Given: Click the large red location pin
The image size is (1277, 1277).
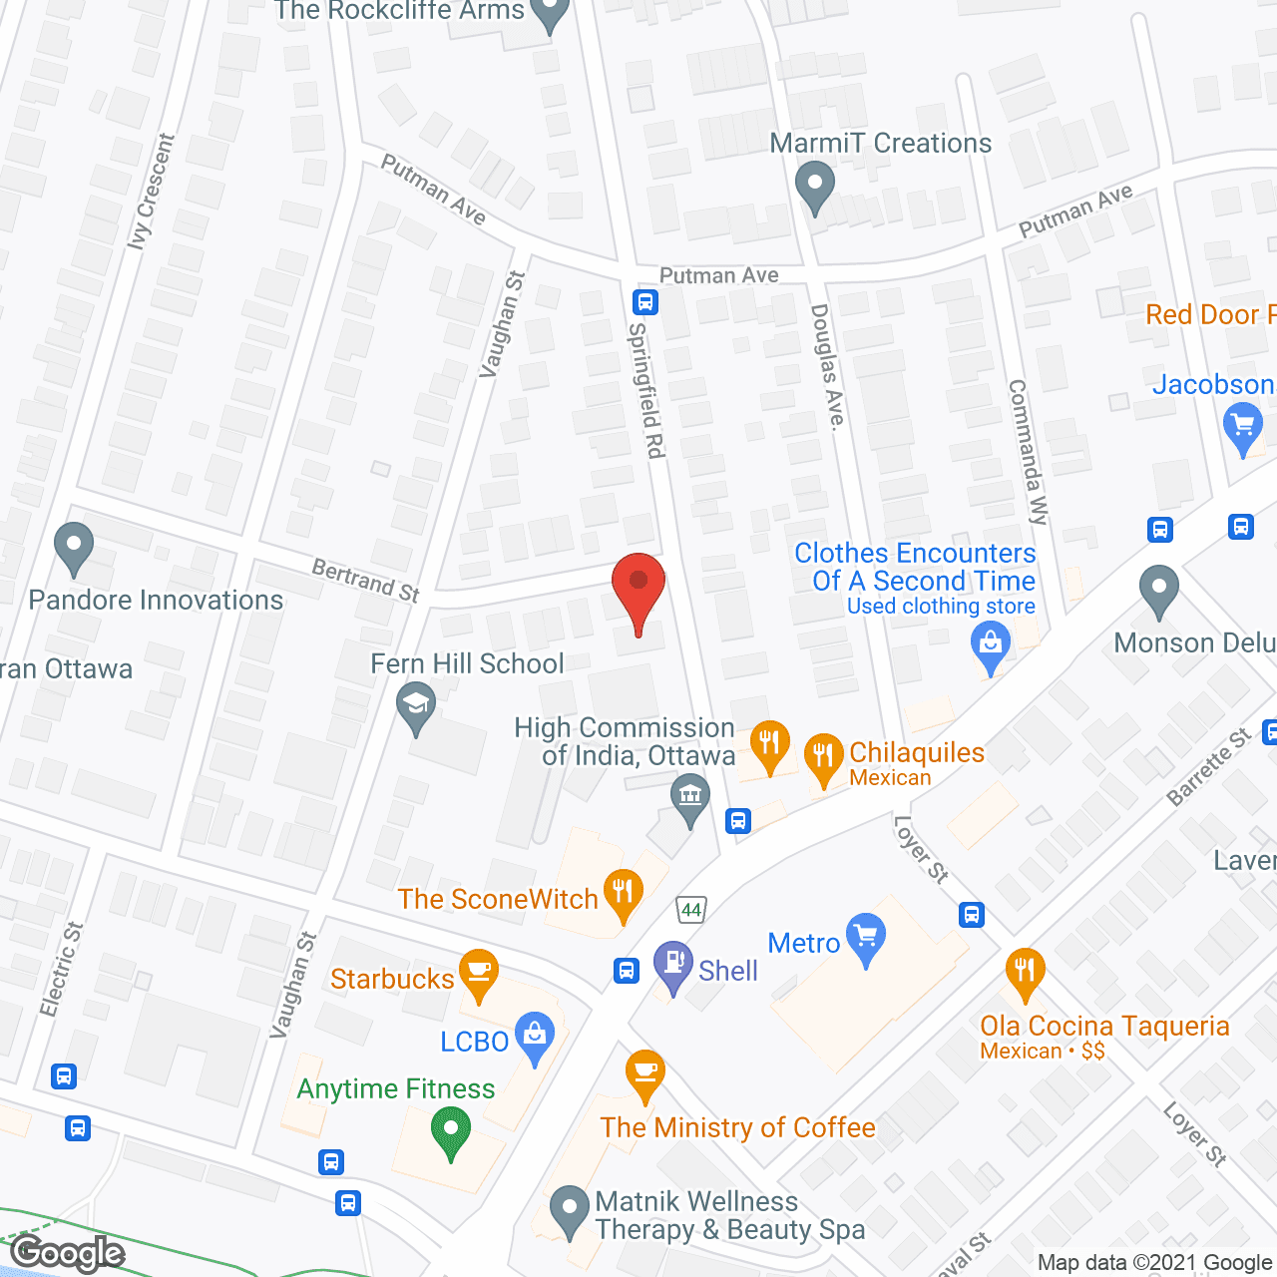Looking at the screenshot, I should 638,589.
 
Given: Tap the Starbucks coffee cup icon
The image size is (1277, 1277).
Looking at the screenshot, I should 479,974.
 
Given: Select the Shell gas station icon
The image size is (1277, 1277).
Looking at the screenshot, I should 673,966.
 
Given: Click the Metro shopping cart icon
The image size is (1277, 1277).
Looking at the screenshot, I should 865,938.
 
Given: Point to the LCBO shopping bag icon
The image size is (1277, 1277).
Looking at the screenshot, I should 535,1038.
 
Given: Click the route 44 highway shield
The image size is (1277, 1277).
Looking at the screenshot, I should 691,909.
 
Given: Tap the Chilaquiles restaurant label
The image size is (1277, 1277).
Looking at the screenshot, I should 916,753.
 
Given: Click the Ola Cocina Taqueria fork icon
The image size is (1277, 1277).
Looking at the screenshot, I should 1025,973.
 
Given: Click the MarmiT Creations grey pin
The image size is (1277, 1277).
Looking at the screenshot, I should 815,187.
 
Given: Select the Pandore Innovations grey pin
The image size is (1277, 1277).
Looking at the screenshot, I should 73,547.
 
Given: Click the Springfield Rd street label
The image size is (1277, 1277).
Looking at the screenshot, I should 646,390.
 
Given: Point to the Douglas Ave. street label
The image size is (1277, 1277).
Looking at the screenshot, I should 827,366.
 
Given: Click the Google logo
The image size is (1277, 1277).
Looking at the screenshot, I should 68,1253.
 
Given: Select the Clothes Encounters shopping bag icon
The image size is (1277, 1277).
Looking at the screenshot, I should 991,645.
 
